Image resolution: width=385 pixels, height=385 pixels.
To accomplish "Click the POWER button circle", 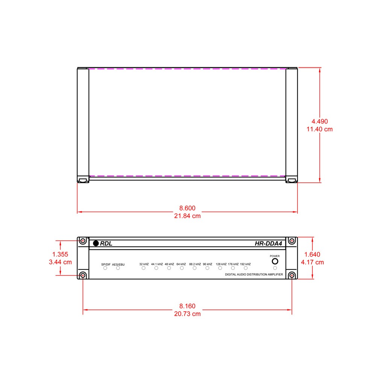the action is [x=275, y=261].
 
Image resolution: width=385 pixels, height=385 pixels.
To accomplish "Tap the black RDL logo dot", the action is [x=96, y=243].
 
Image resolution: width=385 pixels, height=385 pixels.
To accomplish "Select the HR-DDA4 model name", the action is [x=268, y=244].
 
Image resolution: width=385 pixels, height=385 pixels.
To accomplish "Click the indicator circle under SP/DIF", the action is [x=105, y=268].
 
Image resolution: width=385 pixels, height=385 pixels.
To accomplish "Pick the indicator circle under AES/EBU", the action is [x=118, y=268].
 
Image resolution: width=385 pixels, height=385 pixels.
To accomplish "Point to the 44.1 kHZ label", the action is [x=157, y=264].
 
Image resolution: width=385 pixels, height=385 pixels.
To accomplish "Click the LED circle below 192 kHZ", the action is [x=246, y=268].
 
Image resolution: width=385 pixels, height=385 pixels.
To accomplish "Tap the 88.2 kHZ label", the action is [x=195, y=264].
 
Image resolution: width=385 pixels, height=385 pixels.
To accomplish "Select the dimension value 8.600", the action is [x=187, y=208].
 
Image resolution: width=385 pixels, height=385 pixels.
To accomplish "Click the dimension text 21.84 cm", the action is [x=187, y=216].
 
